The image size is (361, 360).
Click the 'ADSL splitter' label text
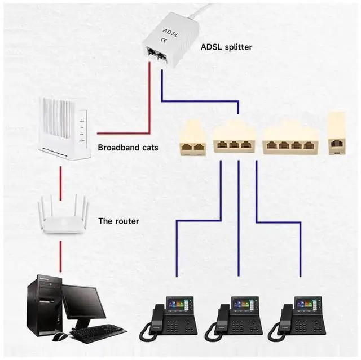[x=227, y=47]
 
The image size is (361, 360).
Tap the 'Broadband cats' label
[x=127, y=148]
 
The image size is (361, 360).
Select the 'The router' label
[x=119, y=221]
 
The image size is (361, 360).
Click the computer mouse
[x=60, y=336]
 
